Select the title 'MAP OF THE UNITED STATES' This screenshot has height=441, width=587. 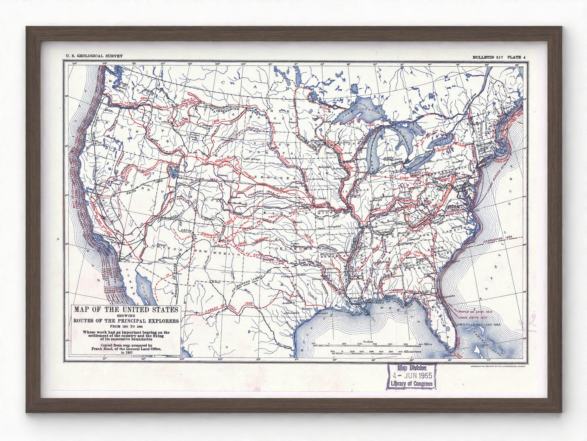[126, 309]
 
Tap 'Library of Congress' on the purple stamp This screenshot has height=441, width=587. [411, 384]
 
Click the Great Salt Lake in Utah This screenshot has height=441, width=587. [173, 170]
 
